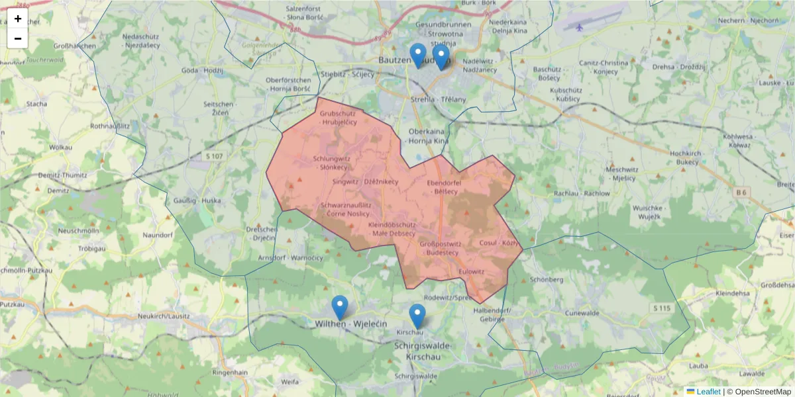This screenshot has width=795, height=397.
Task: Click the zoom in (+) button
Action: [18, 19]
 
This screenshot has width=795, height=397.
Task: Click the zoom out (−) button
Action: [18, 38]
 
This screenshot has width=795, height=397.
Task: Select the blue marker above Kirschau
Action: [417, 316]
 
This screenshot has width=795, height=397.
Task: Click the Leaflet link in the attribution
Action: [708, 392]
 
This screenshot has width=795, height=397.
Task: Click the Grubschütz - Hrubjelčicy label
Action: [339, 118]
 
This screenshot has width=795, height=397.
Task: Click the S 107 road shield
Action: [214, 156]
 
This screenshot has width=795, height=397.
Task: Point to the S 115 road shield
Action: [661, 308]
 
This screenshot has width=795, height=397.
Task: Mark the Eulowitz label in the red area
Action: [472, 271]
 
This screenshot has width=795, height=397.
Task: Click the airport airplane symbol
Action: [580, 28]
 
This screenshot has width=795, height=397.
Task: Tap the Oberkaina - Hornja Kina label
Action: [429, 136]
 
